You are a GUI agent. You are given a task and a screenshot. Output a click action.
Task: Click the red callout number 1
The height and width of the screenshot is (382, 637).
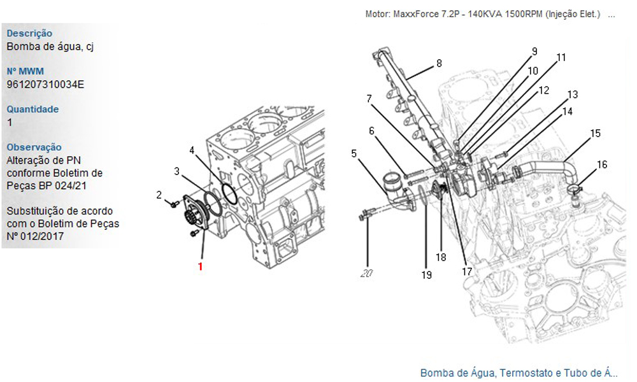click(200, 267)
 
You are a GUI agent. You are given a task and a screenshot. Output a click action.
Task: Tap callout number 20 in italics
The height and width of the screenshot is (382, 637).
click(366, 274)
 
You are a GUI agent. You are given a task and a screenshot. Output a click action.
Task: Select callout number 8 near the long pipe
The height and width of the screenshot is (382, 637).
click(438, 63)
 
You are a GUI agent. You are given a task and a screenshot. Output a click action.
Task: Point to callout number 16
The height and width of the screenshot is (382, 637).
click(601, 164)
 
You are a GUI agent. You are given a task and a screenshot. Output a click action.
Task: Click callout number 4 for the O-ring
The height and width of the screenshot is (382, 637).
click(192, 150)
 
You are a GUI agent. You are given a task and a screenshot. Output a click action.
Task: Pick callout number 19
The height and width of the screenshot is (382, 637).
click(426, 275)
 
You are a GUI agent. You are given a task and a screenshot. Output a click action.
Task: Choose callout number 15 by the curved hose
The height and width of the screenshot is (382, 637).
click(595, 133)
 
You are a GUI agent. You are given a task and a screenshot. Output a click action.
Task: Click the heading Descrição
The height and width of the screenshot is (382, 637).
click(29, 33)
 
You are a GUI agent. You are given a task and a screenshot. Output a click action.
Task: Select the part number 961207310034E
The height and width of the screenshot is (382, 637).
click(45, 83)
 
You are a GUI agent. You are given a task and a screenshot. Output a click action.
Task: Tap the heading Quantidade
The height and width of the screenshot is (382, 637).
click(32, 109)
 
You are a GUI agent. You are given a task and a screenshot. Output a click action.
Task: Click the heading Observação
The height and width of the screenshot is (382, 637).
click(34, 147)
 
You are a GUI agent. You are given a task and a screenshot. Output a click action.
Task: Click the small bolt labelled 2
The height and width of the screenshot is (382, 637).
click(173, 204)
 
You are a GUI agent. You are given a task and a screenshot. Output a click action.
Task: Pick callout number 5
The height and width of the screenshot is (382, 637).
click(354, 153)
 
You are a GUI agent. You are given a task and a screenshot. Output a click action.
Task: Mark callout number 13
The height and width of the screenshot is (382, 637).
click(573, 94)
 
